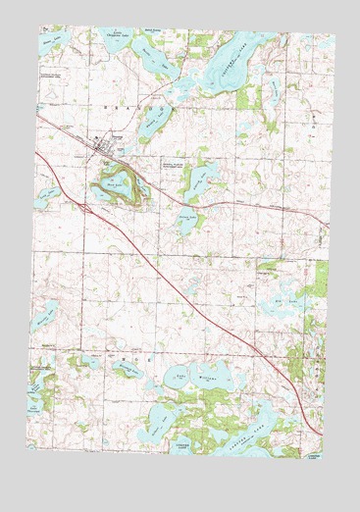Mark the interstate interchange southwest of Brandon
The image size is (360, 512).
[87, 206]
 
